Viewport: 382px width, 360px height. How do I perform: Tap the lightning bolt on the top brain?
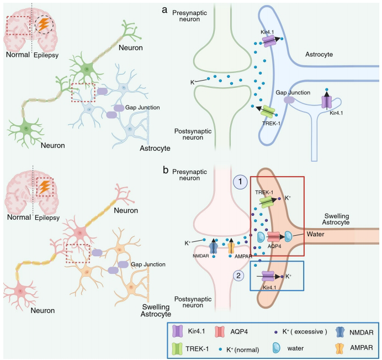(x=43, y=24)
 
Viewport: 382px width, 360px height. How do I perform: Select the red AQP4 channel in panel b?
(x=275, y=236)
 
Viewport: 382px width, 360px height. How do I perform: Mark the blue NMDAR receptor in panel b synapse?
(x=214, y=247)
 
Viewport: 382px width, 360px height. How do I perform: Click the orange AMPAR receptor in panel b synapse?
(x=231, y=247)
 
